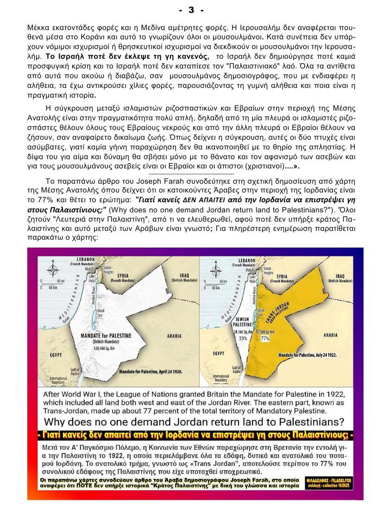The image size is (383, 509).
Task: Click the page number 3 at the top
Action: (191, 9)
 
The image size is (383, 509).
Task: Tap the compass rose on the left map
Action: (54, 269)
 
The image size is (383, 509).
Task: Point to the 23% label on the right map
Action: (243, 338)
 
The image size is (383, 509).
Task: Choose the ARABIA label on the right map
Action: (330, 334)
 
